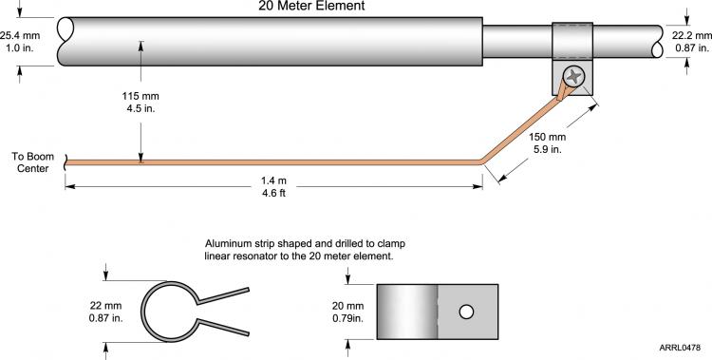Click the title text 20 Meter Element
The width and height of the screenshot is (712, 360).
click(x=311, y=6)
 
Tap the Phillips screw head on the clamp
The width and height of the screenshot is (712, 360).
click(x=574, y=76)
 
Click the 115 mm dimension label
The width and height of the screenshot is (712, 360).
click(x=141, y=96)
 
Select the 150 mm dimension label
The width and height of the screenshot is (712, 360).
click(x=547, y=137)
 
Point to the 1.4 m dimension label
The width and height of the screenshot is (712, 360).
click(x=273, y=180)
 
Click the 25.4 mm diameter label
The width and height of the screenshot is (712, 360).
click(x=20, y=35)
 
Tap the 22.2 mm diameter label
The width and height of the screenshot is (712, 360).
click(x=692, y=35)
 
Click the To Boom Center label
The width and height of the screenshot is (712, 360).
click(x=32, y=162)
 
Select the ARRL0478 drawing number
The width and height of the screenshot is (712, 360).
click(x=680, y=348)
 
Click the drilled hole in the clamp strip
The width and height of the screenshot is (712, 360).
click(x=466, y=312)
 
